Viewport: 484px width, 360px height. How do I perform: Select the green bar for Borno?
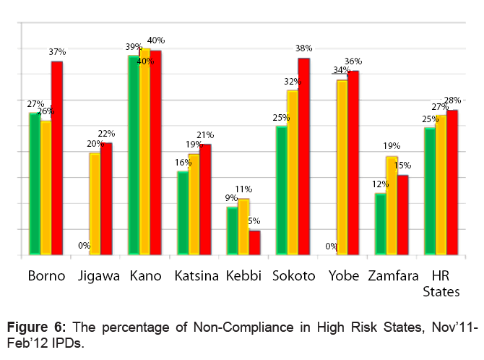coord(34,184)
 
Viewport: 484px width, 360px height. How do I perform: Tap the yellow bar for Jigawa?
coord(95,204)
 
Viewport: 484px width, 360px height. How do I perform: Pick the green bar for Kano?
coord(133,155)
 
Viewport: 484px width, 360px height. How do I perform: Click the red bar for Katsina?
coord(205,200)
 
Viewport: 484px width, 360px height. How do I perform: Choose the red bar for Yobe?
coord(353,163)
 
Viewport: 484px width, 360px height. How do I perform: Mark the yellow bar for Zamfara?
coord(392,205)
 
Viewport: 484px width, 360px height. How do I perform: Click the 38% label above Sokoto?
coord(303,48)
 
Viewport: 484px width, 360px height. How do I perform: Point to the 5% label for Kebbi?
coord(254,221)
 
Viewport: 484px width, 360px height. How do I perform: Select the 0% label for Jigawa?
coord(85,246)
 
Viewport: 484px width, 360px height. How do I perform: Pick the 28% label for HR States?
coord(452,100)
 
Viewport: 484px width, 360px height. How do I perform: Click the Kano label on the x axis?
coord(145,276)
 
